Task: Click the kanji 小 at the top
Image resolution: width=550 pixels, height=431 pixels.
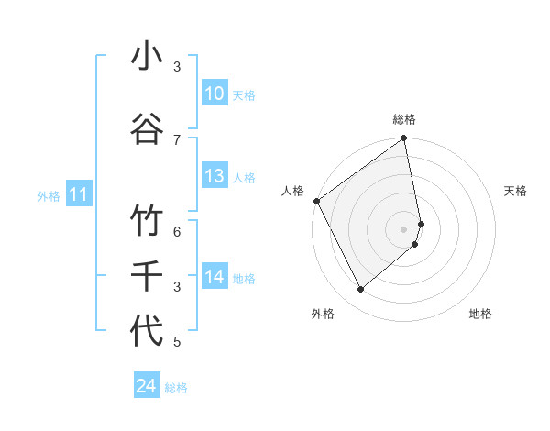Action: pos(147,57)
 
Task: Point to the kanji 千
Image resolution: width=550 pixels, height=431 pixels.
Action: pos(147,275)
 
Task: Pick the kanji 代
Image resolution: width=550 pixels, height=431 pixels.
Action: pos(147,330)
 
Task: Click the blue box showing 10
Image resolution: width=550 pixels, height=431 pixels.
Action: pos(214,94)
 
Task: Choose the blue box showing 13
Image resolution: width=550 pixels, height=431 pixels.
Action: pos(214,176)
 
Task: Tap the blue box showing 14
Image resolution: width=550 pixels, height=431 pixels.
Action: pos(214,277)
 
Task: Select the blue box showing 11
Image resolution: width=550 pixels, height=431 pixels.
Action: pos(78,194)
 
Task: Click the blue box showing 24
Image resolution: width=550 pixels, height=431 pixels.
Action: pos(147,386)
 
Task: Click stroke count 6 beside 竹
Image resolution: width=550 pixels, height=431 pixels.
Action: pos(177,231)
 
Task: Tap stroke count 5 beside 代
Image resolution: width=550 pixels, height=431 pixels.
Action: pos(177,342)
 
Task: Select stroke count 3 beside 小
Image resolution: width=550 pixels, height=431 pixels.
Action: pos(177,66)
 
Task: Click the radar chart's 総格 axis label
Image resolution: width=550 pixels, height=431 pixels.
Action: pos(404,119)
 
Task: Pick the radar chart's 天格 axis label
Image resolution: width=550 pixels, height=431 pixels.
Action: pos(515,191)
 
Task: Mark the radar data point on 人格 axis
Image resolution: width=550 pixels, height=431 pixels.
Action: pos(316,201)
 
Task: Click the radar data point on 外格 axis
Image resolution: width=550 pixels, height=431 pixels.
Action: pos(360,290)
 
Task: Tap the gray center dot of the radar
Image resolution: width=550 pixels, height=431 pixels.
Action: pos(404,228)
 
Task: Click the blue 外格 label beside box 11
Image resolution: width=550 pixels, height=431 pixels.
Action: pos(49,195)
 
